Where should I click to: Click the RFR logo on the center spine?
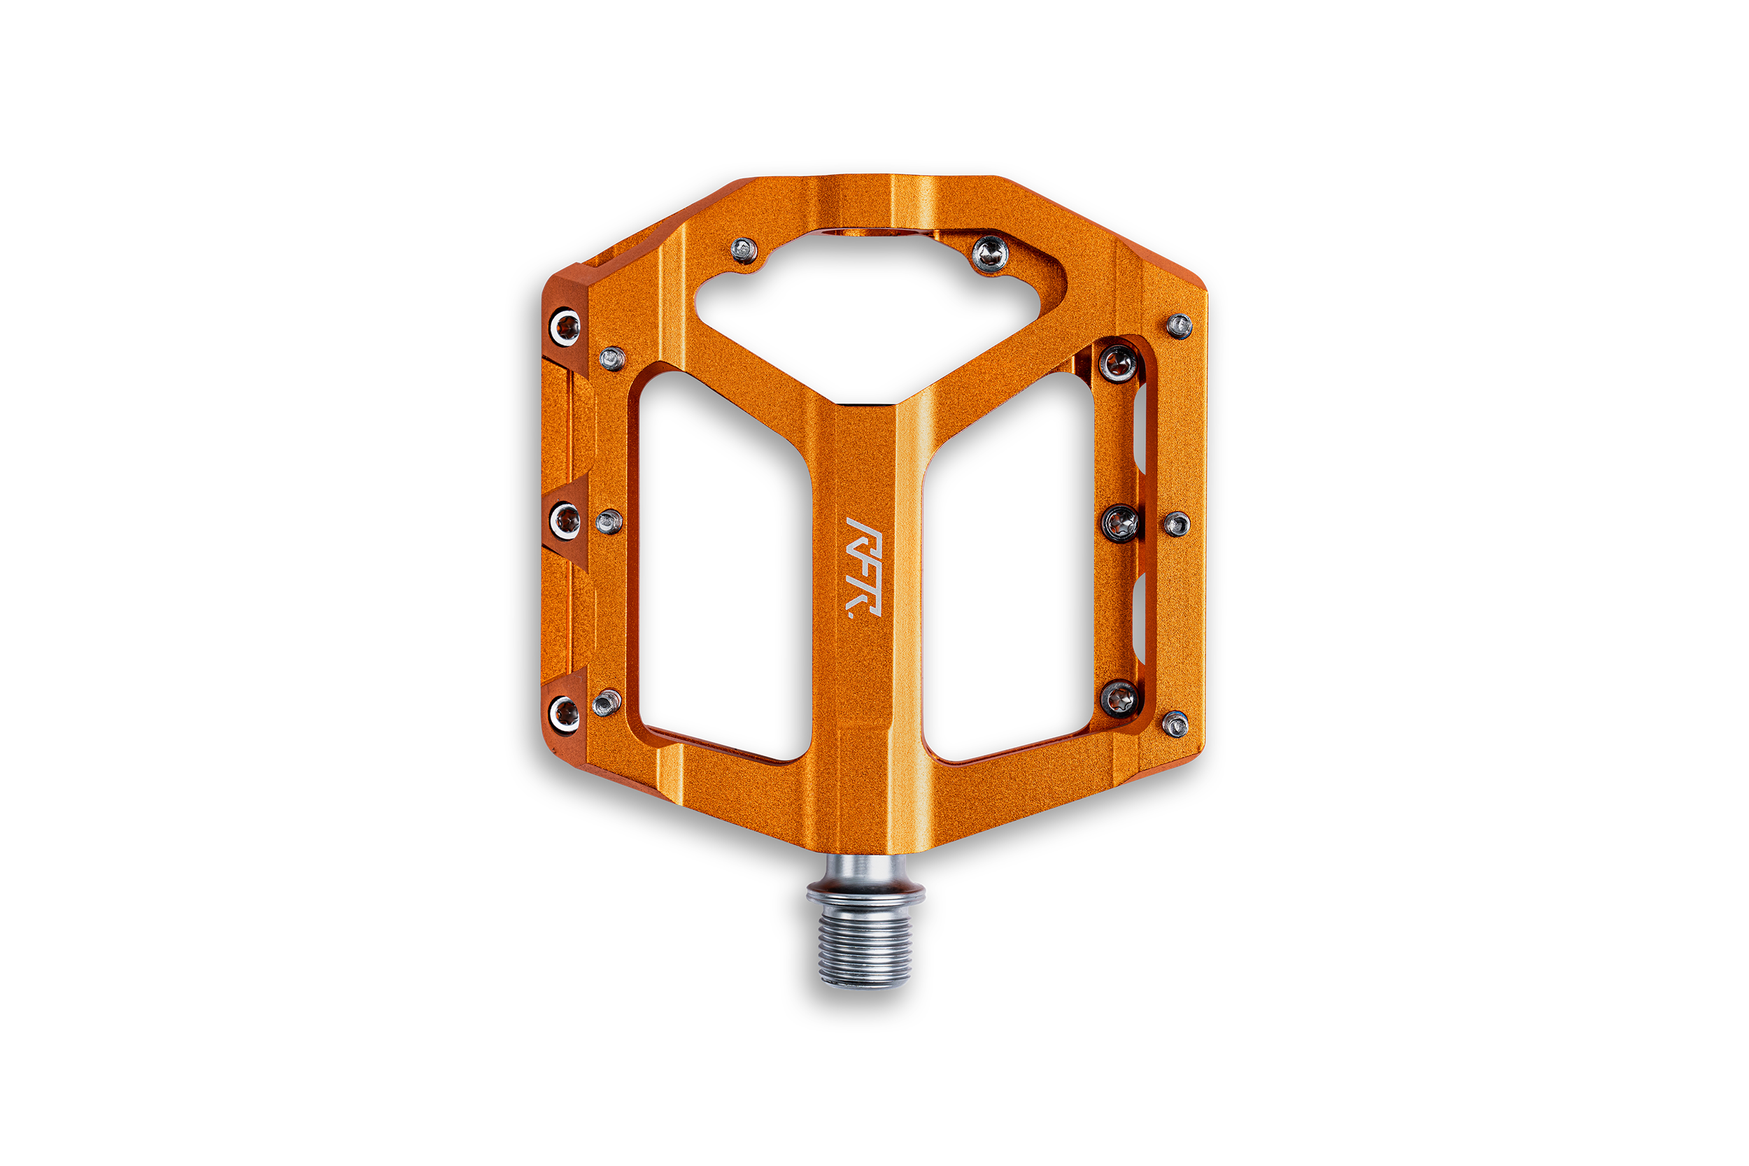click(x=864, y=567)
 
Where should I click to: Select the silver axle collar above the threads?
click(x=865, y=885)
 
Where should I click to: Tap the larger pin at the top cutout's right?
click(x=990, y=255)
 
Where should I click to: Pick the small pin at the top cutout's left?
click(x=744, y=250)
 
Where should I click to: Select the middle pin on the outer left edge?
click(x=565, y=519)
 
